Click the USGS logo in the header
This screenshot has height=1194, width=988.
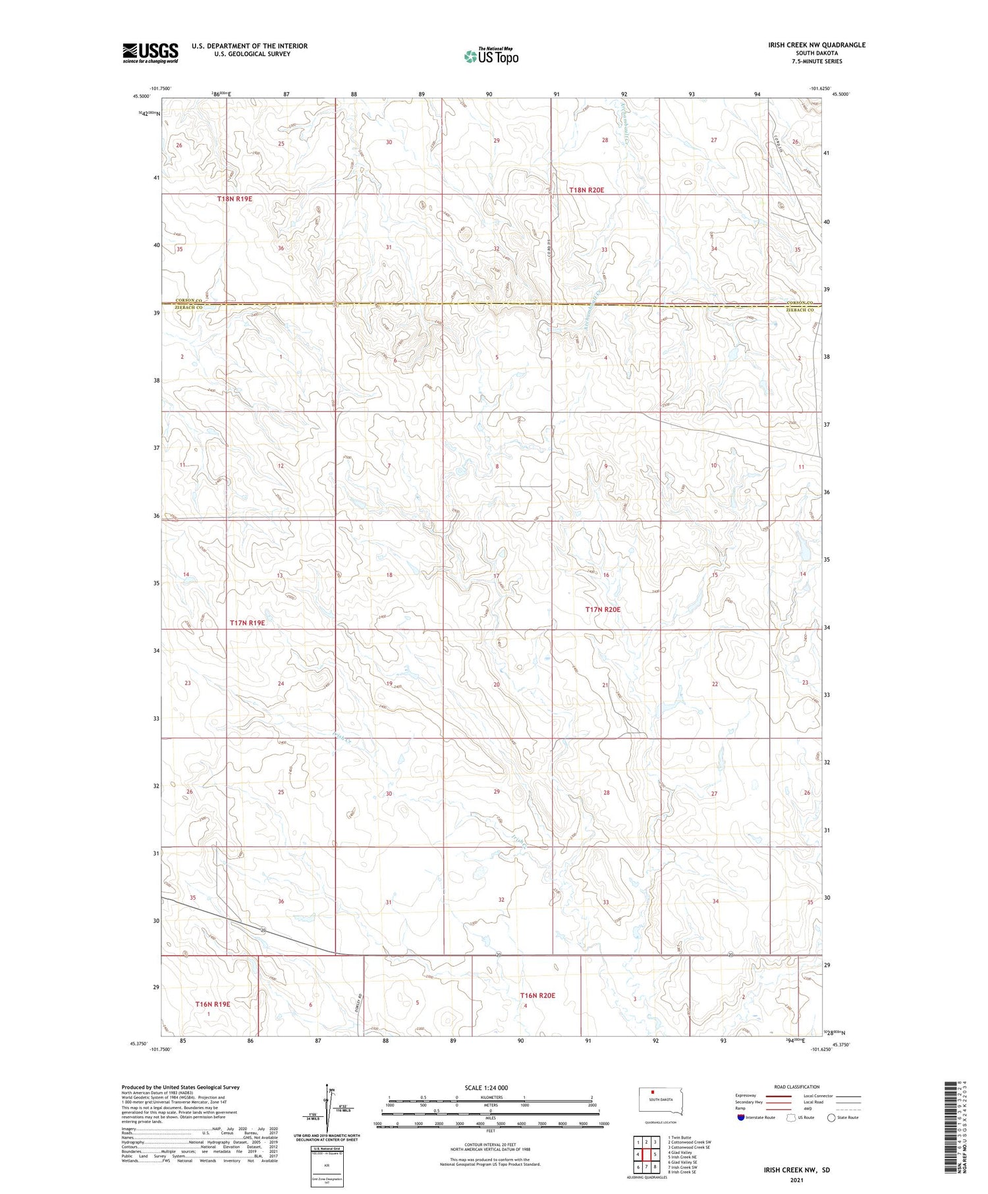(150, 53)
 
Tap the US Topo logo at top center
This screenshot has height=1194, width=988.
(491, 56)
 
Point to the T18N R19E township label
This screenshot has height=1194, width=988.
(235, 198)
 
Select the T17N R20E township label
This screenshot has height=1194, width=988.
(603, 610)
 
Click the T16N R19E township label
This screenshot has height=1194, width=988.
(213, 1004)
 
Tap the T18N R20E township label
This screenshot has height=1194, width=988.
(586, 190)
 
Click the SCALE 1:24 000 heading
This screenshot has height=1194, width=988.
(486, 1087)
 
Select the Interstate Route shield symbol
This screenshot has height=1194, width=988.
(741, 1118)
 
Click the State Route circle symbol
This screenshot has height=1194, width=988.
(832, 1118)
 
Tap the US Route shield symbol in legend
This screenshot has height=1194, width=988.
(791, 1118)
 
